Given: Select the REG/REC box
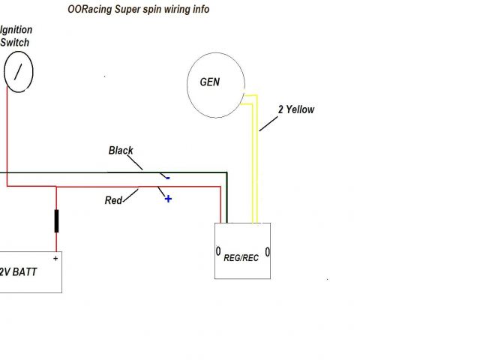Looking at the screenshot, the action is coord(243,251).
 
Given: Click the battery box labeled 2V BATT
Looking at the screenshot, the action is coord(30,271).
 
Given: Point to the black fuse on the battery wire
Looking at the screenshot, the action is coord(56,221).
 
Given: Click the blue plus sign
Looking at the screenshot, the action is coord(168,199).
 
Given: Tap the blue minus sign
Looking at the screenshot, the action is coord(167,178).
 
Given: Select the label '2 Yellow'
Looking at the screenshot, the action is coord(296,109).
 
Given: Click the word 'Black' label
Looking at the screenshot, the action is coord(121,150).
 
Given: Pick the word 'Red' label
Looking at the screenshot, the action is coord(114,200).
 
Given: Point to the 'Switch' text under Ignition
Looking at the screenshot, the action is coord(15,43).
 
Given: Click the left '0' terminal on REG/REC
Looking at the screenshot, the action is coord(218,250).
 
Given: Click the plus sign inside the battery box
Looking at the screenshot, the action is coord(55,257).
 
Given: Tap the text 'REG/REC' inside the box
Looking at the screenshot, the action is coord(241,257).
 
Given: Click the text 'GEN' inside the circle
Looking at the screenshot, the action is coord(210,82).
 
